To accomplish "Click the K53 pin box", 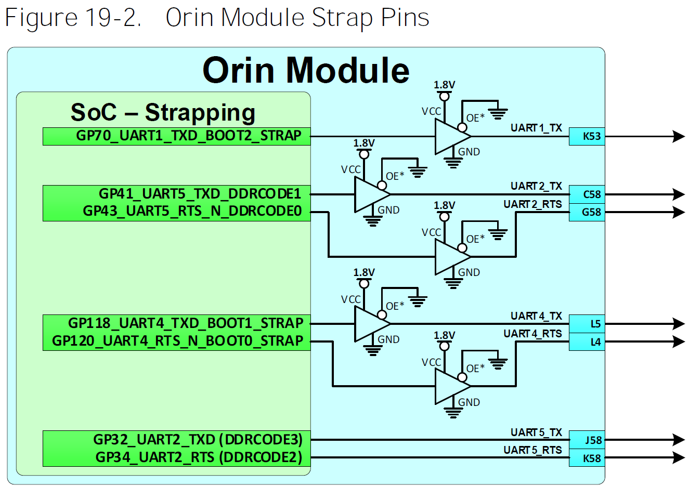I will [587, 137].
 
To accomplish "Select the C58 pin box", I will [587, 194].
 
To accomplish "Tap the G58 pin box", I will [587, 212].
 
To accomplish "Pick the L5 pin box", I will [587, 324].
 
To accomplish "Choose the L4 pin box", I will [587, 341].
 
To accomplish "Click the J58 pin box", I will [587, 440].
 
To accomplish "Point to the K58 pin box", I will [587, 458].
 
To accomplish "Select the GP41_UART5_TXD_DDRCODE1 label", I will [200, 194].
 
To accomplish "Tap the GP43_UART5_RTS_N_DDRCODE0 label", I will [192, 212].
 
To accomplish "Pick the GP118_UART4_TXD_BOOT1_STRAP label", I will [185, 323].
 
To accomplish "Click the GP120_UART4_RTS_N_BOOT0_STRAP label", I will [177, 341].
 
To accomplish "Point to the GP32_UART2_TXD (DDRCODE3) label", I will [198, 440].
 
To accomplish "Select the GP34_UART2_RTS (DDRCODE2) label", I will [199, 457].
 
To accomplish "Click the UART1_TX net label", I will [536, 128].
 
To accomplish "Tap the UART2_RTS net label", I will [532, 204].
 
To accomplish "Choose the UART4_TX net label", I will [536, 316].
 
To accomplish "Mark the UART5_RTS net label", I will [532, 450].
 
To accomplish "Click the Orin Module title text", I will [306, 70].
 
